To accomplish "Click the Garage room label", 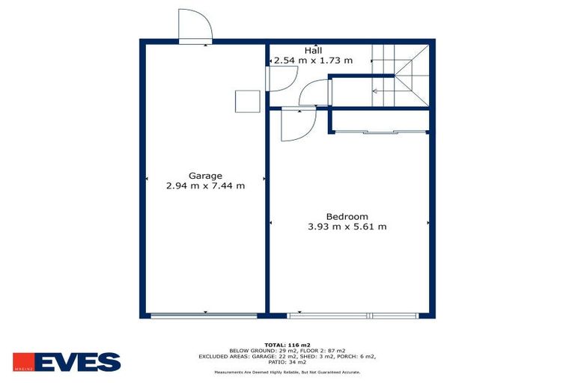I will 205,176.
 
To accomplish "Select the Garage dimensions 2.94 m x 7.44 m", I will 205,186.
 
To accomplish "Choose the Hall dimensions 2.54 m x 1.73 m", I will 312,61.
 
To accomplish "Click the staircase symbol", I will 401,75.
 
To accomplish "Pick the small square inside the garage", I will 246,100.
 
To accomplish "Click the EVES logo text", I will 77,362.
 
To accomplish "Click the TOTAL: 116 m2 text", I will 287,345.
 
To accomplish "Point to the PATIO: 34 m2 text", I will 287,363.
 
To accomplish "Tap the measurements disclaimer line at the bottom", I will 287,372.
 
